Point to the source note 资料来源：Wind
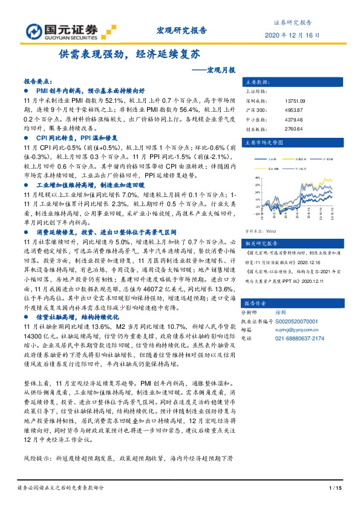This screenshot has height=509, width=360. pos(262,231)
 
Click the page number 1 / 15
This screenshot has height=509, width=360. pos(335,488)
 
